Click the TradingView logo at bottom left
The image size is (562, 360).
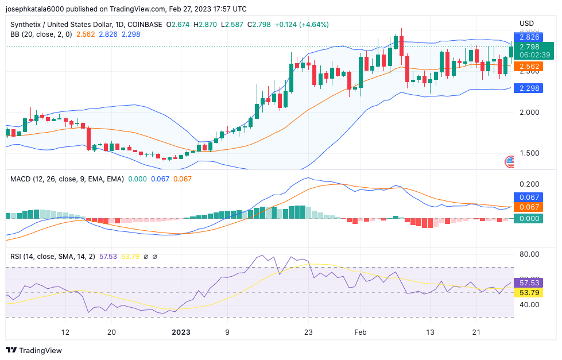coord(34,350)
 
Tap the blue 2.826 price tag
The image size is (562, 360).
coord(529,37)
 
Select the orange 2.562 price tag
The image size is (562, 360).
coord(529,67)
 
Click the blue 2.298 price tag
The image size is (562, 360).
coord(529,88)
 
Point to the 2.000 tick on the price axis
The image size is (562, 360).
coord(529,113)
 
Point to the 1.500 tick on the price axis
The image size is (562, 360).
coord(529,153)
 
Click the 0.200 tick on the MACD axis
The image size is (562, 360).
coord(529,184)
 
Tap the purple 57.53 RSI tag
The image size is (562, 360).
coord(529,283)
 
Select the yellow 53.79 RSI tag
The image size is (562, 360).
coord(529,293)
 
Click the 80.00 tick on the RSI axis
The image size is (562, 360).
coord(529,254)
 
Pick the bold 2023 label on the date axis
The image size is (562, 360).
coord(181,332)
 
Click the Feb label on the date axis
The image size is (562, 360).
coord(361,332)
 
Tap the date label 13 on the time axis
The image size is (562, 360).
coord(430,332)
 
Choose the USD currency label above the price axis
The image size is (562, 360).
coord(526,24)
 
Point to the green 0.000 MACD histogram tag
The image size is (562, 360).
coord(529,219)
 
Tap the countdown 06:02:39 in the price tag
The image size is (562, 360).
coord(534,55)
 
